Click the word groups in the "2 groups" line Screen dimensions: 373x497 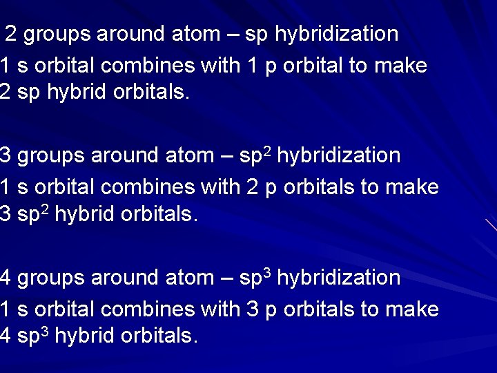click(x=58, y=35)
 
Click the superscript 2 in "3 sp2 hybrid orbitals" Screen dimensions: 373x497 click(x=46, y=210)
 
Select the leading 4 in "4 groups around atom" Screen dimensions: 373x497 click(x=6, y=278)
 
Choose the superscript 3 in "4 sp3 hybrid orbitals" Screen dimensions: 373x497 click(x=46, y=332)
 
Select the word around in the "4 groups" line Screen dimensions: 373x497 click(x=126, y=278)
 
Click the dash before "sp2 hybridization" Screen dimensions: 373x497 click(x=224, y=156)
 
